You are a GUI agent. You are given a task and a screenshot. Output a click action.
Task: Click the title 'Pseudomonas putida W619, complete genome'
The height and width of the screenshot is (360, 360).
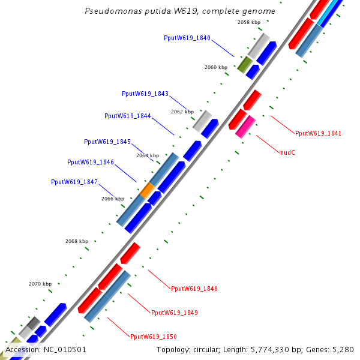pyautogui.click(x=180, y=11)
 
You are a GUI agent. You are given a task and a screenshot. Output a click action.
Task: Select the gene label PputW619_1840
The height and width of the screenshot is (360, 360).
pyautogui.click(x=187, y=38)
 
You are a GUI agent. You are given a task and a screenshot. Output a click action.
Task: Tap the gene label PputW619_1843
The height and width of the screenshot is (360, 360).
pyautogui.click(x=145, y=94)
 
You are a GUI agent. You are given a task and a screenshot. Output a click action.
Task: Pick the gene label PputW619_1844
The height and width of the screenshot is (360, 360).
pyautogui.click(x=127, y=116)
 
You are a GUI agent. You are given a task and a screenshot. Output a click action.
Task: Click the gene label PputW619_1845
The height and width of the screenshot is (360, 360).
pyautogui.click(x=107, y=142)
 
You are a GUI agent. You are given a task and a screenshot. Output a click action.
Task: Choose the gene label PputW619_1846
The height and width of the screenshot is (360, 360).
pyautogui.click(x=90, y=162)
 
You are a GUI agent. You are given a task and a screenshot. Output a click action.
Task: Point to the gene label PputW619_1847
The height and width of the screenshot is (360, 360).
pyautogui.click(x=74, y=182)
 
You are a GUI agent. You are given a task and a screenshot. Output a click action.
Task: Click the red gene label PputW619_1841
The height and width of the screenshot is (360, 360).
pyautogui.click(x=318, y=133)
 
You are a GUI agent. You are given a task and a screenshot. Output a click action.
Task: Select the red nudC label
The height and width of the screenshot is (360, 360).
pyautogui.click(x=287, y=152)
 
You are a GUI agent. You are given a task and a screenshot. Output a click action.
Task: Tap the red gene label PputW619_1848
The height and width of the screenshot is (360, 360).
pyautogui.click(x=194, y=289)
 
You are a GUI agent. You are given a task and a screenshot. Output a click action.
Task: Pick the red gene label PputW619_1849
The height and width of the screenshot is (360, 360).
pyautogui.click(x=174, y=313)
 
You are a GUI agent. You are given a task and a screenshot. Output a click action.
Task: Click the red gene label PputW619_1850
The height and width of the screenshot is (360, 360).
pyautogui.click(x=153, y=337)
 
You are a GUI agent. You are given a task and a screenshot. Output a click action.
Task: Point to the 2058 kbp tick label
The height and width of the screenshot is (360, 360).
pyautogui.click(x=249, y=22)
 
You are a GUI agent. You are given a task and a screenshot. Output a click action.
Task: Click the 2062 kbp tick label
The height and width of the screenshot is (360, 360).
pyautogui.click(x=182, y=112)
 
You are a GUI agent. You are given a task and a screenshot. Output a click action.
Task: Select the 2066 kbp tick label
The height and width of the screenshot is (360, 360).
pyautogui.click(x=112, y=199)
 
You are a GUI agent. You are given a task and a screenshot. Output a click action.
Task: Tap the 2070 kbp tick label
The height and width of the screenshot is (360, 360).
pyautogui.click(x=40, y=284)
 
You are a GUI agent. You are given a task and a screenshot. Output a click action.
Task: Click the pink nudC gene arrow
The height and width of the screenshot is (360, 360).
pyautogui.click(x=245, y=127)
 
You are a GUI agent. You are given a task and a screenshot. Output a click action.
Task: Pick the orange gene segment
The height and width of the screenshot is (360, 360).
pyautogui.click(x=147, y=191)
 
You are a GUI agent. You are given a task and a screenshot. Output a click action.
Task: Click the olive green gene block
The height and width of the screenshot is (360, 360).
pyautogui.click(x=244, y=64)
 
